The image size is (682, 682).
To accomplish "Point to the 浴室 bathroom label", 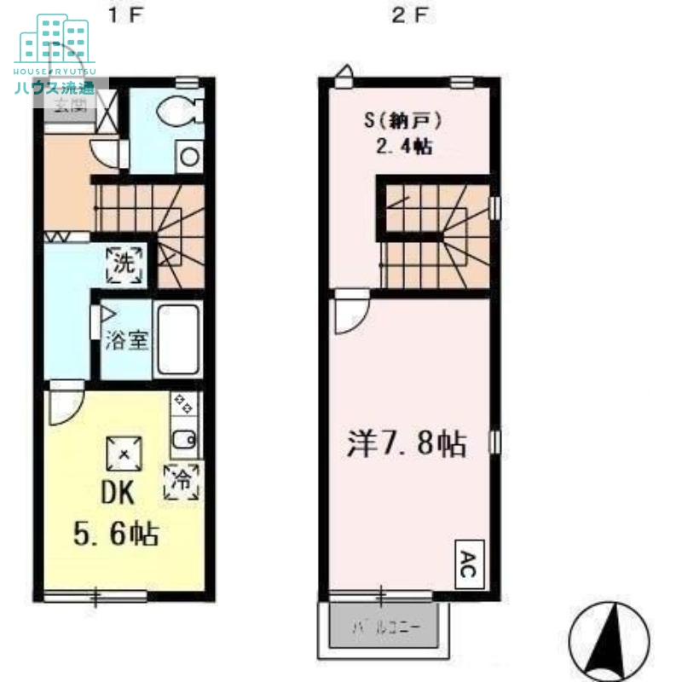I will coord(128,341).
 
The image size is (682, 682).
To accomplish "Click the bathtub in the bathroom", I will coord(177,339).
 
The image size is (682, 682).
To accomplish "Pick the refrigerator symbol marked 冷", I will coord(182,480).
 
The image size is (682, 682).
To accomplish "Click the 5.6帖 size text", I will coord(114,535).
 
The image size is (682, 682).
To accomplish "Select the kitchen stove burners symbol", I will coord(183,404).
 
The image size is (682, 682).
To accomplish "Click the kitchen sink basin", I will coord(184,441).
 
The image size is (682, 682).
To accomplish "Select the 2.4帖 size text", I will coord(403,147).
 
